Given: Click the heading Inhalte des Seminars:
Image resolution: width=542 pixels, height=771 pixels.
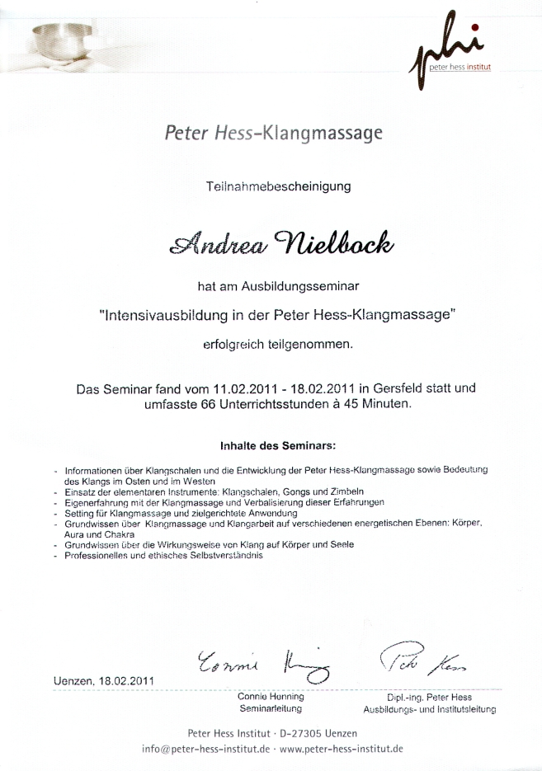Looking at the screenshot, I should point(277,447).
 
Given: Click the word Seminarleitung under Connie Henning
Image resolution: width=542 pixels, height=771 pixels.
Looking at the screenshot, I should point(270,708).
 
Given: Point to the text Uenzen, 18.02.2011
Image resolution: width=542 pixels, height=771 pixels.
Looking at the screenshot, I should point(103,681).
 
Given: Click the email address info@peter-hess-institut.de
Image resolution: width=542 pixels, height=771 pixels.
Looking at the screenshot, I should point(206,749).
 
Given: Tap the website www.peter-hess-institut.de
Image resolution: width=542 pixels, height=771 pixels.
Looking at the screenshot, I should point(342,749).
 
